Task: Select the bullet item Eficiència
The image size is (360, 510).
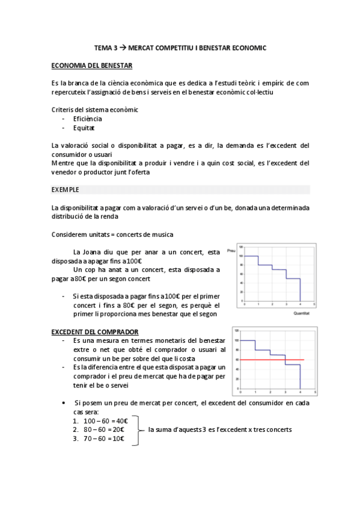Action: (87, 119)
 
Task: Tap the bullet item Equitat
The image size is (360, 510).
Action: (84, 127)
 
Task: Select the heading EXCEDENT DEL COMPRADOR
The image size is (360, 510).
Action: (95, 332)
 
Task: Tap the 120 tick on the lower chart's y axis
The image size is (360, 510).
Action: (237, 331)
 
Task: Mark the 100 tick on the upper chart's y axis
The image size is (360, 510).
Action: (239, 256)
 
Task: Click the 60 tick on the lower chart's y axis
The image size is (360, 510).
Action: (237, 360)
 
